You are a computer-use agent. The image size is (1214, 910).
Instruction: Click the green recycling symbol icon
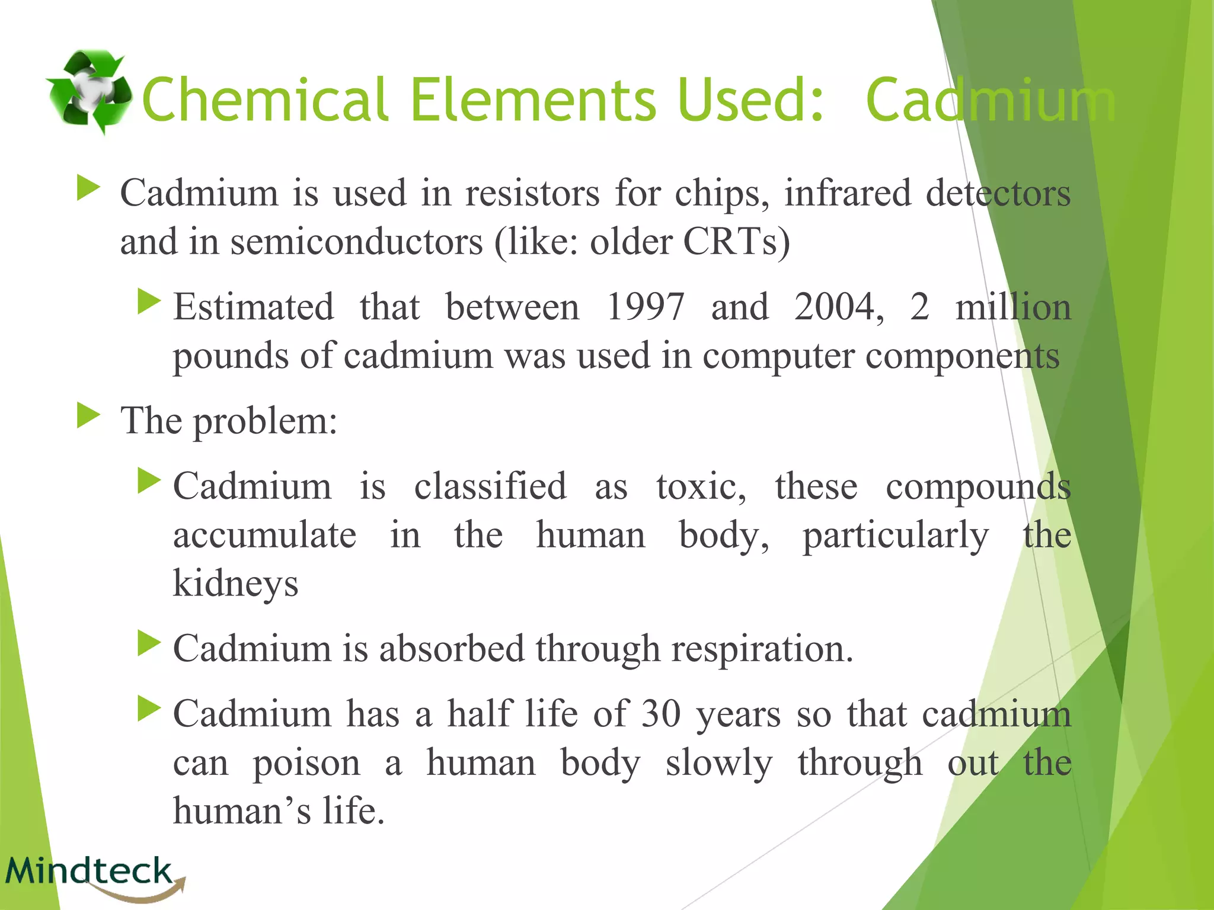pyautogui.click(x=89, y=92)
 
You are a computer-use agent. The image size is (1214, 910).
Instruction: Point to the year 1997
pyautogui.click(x=646, y=307)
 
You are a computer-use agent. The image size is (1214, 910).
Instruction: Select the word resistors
pyautogui.click(x=532, y=194)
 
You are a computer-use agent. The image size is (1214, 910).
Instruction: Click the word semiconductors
pyautogui.click(x=356, y=242)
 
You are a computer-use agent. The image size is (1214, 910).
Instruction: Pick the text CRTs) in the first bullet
pyautogui.click(x=737, y=242)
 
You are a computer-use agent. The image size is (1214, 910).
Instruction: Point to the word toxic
pyautogui.click(x=701, y=487)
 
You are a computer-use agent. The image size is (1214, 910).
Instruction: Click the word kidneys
pyautogui.click(x=235, y=584)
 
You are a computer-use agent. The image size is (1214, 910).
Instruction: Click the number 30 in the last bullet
pyautogui.click(x=661, y=714)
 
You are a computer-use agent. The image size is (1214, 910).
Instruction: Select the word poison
pyautogui.click(x=306, y=763)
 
